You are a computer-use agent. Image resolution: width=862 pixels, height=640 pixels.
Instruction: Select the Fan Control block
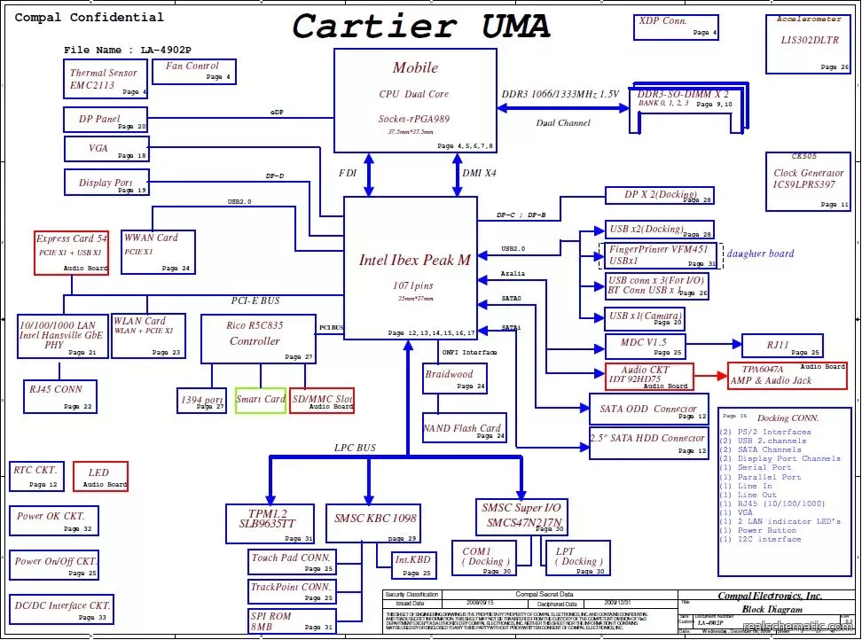pyautogui.click(x=193, y=71)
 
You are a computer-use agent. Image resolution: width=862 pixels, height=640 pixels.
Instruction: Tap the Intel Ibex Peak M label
pyautogui.click(x=415, y=261)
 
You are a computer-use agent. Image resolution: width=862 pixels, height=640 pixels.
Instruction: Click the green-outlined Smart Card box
pyautogui.click(x=261, y=400)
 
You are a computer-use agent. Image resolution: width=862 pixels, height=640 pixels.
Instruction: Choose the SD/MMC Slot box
pyautogui.click(x=322, y=400)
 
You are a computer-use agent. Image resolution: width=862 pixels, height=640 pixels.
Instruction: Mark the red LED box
pyautogui.click(x=100, y=476)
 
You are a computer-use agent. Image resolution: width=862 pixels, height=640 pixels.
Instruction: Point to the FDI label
pyautogui.click(x=348, y=173)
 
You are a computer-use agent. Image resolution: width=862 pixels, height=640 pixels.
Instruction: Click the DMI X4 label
pyautogui.click(x=480, y=173)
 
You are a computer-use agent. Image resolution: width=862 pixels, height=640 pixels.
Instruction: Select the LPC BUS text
pyautogui.click(x=355, y=449)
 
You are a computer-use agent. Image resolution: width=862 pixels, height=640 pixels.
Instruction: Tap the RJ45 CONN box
pyautogui.click(x=60, y=395)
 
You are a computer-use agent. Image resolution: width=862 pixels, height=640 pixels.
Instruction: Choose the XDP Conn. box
pyautogui.click(x=676, y=27)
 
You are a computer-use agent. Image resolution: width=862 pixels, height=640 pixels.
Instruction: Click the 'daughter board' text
pyautogui.click(x=760, y=254)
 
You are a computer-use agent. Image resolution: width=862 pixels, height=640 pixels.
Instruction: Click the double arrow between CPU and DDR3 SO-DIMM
pyautogui.click(x=562, y=107)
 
